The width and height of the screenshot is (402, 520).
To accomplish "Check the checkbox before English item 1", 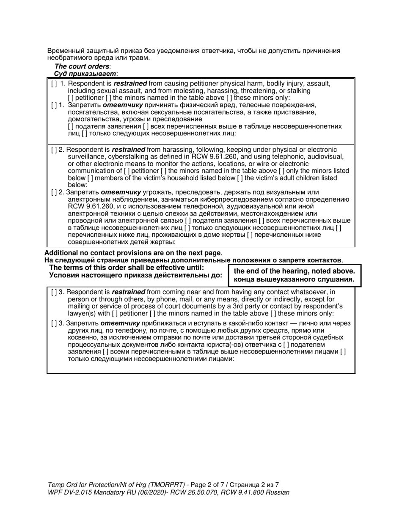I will coord(54,84).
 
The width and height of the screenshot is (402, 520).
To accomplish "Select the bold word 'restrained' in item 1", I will coord(130,84).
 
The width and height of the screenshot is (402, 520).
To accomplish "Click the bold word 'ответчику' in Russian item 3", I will coord(121,323).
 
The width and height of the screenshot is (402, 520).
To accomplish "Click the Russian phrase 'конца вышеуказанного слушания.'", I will coord(294,279).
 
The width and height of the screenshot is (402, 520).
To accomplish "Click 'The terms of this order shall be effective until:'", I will coord(127,268).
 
